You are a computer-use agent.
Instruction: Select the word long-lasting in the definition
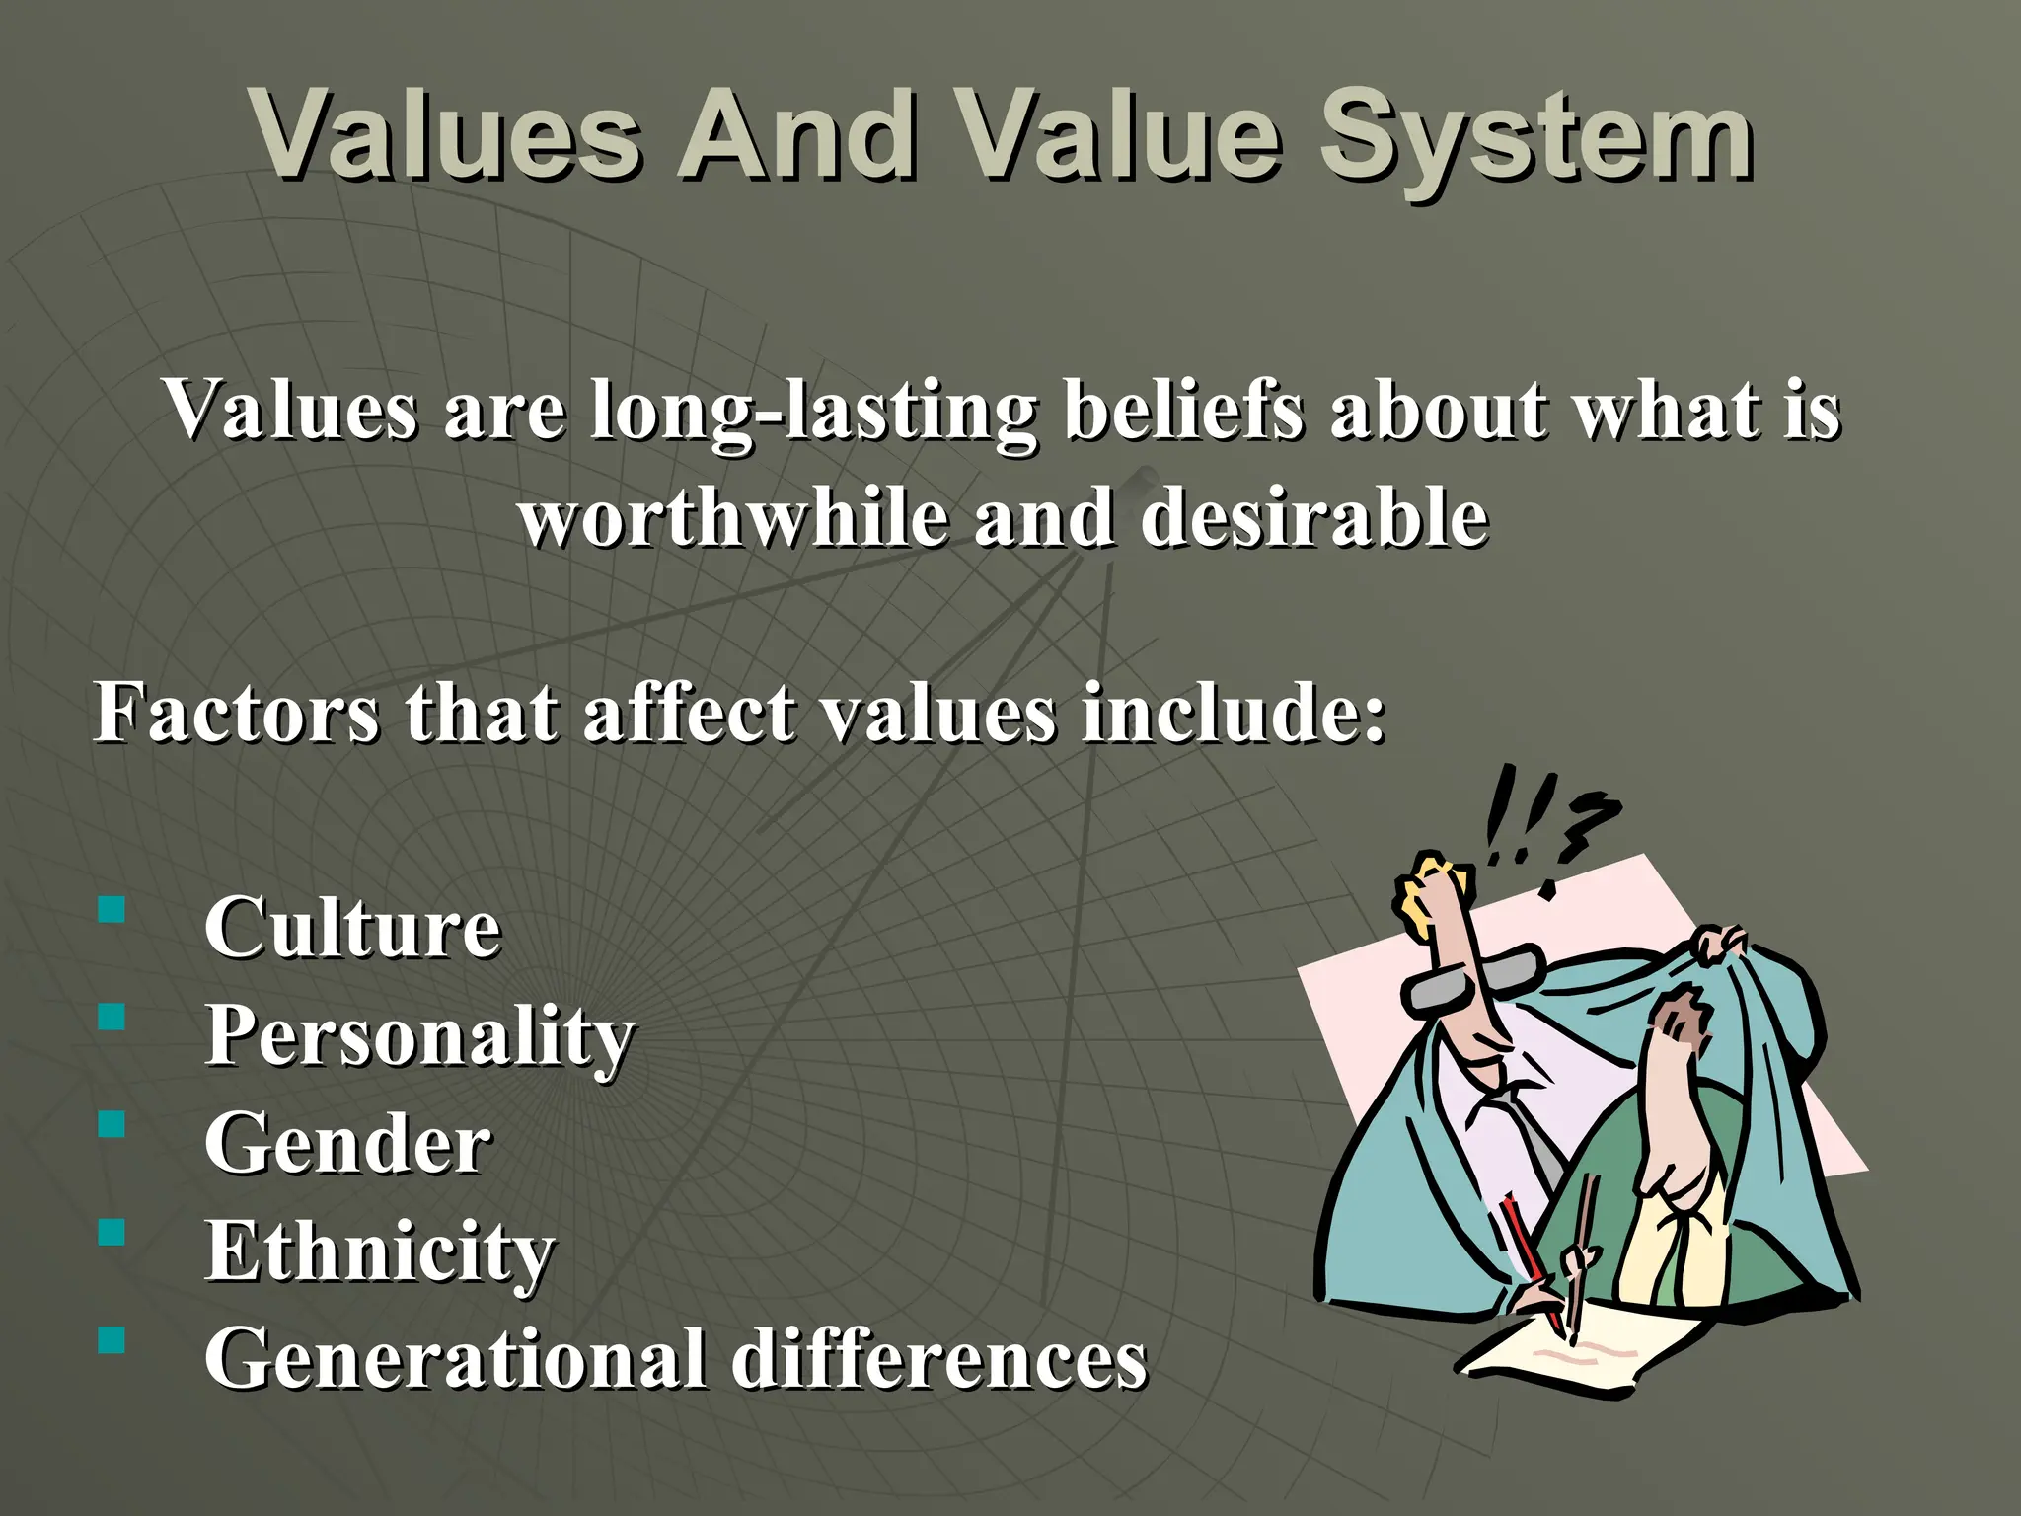813,411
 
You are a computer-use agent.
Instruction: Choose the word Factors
236,712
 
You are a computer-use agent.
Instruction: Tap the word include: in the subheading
1234,712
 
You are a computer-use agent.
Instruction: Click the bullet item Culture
352,928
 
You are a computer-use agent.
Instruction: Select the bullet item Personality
418,1036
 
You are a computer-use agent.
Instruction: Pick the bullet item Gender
346,1144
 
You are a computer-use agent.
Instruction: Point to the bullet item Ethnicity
379,1251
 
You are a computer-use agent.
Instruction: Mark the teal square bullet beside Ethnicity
112,1232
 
